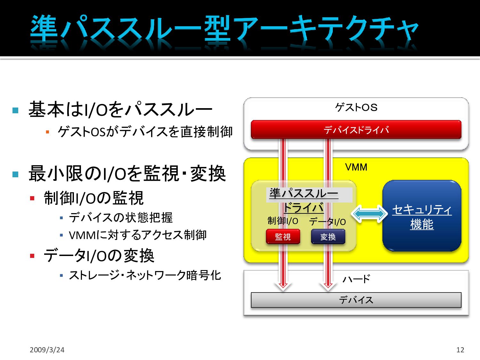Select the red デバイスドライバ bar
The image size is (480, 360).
pos(356,130)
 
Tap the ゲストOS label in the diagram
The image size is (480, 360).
pos(356,108)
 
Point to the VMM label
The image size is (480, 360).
pos(356,167)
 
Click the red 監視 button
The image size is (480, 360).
pos(283,237)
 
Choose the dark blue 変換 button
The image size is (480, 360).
pos(328,237)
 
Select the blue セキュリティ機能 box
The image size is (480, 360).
pos(422,216)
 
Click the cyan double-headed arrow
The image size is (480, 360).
pos(369,213)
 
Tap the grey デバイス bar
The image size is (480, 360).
pos(356,300)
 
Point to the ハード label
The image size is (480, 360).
pos(356,279)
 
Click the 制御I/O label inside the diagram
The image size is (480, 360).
pos(283,221)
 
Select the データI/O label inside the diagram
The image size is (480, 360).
pos(327,221)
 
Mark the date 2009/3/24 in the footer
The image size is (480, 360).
pos(47,350)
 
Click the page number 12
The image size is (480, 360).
pos(460,350)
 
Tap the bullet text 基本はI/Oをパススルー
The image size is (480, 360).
pos(120,109)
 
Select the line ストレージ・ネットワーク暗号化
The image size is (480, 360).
pos(145,275)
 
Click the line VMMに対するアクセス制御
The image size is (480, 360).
pos(138,235)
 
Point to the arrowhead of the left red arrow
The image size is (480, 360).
pos(283,286)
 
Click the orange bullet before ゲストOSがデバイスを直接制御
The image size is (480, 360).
pos(47,132)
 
